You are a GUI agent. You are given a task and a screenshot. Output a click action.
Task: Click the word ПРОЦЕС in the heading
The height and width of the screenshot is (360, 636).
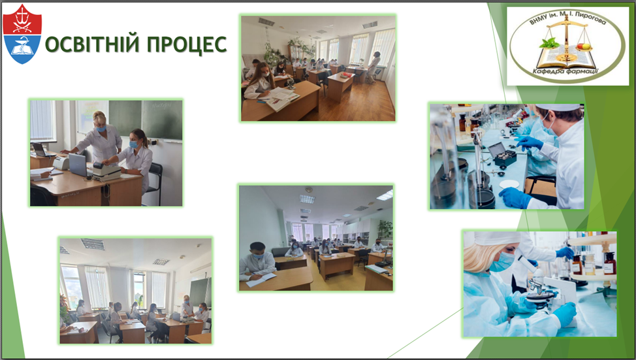click(x=187, y=44)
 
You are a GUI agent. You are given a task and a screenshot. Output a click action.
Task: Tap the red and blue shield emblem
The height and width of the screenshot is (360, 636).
click(x=22, y=34)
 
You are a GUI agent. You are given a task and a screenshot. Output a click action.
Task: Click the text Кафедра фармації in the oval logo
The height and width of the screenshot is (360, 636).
click(x=565, y=71)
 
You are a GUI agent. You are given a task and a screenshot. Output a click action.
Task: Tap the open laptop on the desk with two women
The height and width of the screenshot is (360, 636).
click(x=78, y=164)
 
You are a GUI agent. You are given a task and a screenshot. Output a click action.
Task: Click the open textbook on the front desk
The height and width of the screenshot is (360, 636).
click(x=280, y=98)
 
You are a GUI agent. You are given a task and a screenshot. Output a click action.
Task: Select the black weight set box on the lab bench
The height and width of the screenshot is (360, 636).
click(x=502, y=154)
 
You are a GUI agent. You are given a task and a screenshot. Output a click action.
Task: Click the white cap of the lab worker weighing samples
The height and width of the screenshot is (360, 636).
click(x=558, y=107)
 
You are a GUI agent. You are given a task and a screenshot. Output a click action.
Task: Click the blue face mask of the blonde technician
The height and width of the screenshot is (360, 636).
click(x=503, y=262)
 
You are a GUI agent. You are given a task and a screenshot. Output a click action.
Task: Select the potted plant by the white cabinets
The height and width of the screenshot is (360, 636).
click(x=385, y=230)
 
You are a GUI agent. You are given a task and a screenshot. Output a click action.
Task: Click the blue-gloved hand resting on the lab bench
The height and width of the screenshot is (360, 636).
click(x=515, y=198)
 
